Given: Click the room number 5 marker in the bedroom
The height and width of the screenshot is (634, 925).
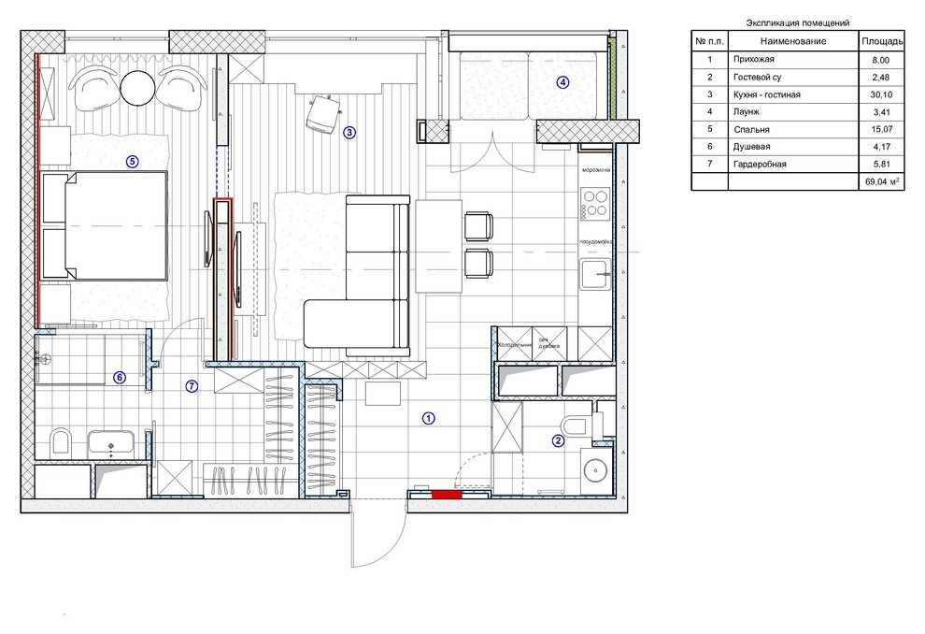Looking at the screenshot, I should coord(132,161).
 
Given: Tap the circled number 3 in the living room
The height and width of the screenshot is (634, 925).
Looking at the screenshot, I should coord(349,132).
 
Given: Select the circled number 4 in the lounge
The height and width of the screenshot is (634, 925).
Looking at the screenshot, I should coord(562,81).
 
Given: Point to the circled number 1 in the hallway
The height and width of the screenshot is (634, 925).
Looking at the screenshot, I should coord(428,418).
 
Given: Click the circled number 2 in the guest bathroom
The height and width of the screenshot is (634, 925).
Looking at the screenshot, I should coord(558,441).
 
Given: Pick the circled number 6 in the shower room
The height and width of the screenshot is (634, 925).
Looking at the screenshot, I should coord(119,378).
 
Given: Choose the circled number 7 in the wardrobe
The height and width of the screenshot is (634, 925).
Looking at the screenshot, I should coord(192,385).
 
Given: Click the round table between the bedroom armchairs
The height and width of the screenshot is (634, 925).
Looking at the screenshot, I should coord(140,88).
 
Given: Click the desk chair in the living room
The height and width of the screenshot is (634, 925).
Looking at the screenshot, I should coord(322,114).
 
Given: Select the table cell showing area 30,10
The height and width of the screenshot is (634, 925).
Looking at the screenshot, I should coord(880,94).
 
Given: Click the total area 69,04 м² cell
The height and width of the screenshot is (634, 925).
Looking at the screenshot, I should coord(880,182).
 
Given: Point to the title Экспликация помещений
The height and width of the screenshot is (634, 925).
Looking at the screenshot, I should coord(799,22).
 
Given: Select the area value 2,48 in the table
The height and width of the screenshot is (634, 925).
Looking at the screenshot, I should coord(880,77).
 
